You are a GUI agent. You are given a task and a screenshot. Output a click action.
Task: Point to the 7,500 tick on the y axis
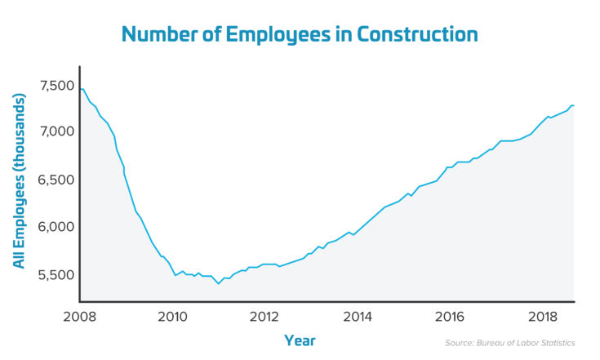click(x=56, y=85)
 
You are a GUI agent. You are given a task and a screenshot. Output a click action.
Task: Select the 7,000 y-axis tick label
click(x=56, y=131)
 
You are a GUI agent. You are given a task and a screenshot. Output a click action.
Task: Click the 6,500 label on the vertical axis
click(x=56, y=180)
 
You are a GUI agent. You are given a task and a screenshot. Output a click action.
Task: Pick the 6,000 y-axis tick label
click(x=56, y=227)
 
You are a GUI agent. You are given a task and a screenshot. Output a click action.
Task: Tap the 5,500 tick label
click(x=56, y=274)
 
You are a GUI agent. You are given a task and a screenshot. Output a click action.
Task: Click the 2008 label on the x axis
click(x=81, y=316)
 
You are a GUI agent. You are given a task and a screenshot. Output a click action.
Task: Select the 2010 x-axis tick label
click(x=172, y=316)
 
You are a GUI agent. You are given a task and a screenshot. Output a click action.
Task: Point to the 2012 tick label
click(x=264, y=316)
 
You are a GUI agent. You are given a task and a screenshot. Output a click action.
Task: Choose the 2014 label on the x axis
click(x=355, y=316)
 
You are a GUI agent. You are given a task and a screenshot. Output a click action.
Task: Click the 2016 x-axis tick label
click(x=446, y=316)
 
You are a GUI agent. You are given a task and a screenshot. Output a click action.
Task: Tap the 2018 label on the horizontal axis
click(x=537, y=316)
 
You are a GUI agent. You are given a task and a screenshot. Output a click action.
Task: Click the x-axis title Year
click(x=300, y=340)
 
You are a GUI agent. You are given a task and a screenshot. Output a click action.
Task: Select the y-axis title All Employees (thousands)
click(x=19, y=180)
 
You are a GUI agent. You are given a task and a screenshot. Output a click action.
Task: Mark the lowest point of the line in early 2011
click(x=218, y=283)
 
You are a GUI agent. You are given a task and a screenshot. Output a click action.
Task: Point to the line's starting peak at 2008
click(x=82, y=88)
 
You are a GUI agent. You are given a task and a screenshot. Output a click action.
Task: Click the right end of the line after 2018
click(x=573, y=105)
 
